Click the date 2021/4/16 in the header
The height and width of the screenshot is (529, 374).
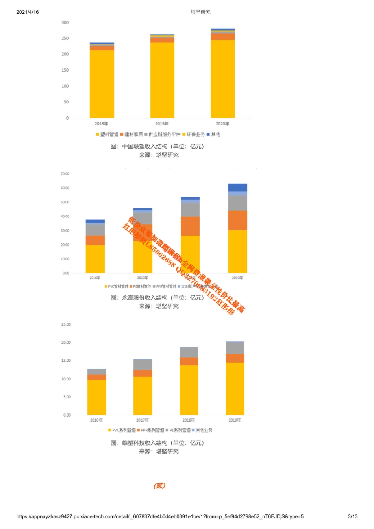coord(28,12)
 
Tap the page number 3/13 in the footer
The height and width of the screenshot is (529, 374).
coord(353,516)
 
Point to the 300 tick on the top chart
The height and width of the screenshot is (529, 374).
coord(65,23)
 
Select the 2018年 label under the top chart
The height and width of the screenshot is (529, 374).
coord(102,124)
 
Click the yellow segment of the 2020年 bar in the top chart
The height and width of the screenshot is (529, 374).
coord(223,79)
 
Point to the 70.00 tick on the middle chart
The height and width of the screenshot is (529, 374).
coord(65,174)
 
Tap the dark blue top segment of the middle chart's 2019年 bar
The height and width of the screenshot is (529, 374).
coord(238,187)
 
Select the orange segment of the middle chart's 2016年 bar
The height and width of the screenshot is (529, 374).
coord(95,240)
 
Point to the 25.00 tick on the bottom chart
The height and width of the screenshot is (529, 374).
coord(66,325)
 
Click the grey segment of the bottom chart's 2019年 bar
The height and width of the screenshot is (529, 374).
coord(235,348)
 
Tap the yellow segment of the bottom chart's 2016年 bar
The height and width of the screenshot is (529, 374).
coord(96,397)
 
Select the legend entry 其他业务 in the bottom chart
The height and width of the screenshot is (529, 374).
coord(204,430)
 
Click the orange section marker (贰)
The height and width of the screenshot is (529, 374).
coord(159,486)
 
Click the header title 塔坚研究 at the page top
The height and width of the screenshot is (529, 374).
coord(200,12)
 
